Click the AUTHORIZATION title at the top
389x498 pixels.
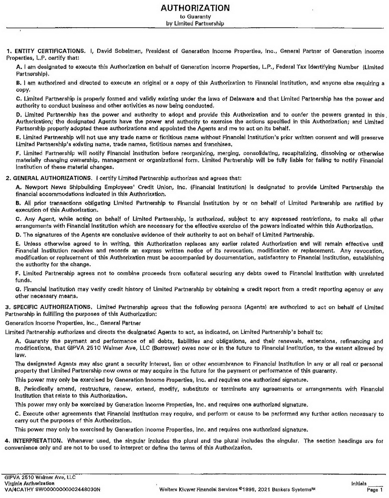195,8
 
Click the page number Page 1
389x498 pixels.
374,490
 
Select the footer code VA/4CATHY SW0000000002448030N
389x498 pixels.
52,490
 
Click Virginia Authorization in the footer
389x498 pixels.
29,484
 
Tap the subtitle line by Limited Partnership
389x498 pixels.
195,23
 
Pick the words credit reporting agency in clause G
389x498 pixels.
328,291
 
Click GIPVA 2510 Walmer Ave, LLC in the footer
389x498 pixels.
40,478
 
